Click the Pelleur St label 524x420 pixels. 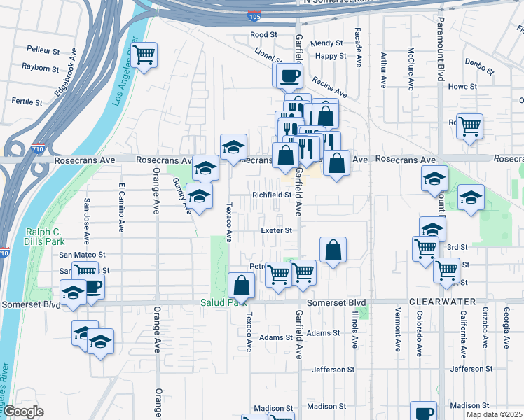click(43, 50)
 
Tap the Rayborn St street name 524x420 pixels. click(40, 68)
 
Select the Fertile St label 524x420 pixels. click(27, 101)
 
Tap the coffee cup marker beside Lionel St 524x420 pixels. click(289, 75)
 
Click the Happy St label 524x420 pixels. click(331, 56)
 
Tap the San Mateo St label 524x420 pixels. click(82, 255)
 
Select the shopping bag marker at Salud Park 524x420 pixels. click(241, 286)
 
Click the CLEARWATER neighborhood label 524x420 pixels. click(448, 302)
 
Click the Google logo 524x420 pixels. click(23, 412)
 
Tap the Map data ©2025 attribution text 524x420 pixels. click(493, 414)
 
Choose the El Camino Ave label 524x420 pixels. click(121, 207)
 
